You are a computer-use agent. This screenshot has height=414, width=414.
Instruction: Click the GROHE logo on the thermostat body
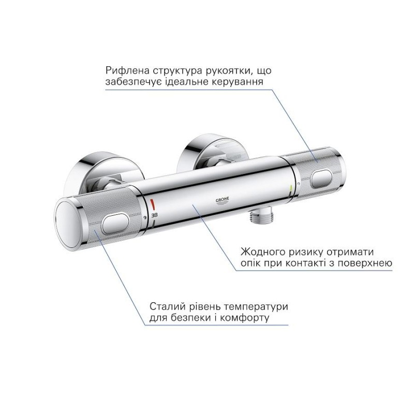[x=223, y=201]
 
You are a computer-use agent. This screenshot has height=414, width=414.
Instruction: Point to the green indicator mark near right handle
[x=290, y=188]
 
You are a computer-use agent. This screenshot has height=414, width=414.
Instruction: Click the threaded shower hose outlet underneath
[x=257, y=216]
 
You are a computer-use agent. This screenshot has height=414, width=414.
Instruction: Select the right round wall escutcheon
[x=210, y=153]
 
